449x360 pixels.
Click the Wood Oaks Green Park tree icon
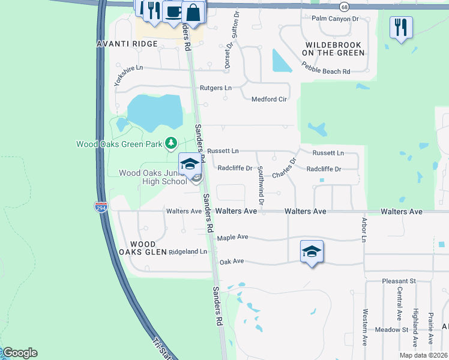(172, 143)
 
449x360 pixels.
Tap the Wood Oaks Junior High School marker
(190, 164)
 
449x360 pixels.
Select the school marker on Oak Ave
(312, 251)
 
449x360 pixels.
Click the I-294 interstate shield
(101, 207)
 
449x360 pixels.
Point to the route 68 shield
(343, 7)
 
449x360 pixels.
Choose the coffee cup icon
(173, 11)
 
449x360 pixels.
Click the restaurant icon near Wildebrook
(400, 27)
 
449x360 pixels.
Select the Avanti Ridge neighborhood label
(127, 44)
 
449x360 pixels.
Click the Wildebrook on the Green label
(334, 49)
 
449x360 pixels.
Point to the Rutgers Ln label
(215, 88)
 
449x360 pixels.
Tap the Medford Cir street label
(269, 100)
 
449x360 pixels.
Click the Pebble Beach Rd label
(326, 71)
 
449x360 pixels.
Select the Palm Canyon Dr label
(335, 19)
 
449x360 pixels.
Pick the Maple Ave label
(232, 238)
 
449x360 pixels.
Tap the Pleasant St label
(399, 281)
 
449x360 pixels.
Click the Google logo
(19, 353)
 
